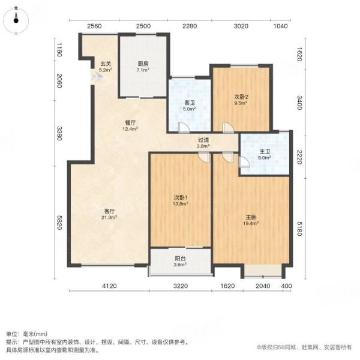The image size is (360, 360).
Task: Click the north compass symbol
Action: [x=16, y=20]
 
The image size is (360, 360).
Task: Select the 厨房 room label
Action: [x=143, y=64]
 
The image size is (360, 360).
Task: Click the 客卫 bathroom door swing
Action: [x=184, y=128]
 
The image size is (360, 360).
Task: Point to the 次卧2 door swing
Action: [x=228, y=128]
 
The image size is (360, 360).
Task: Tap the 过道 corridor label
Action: [x=203, y=140]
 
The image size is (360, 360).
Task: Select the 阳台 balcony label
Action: [x=180, y=258]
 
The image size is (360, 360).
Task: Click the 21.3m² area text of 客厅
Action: [x=109, y=217]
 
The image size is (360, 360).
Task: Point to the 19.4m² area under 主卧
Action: [x=251, y=223]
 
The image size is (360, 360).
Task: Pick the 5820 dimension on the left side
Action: [x=59, y=223]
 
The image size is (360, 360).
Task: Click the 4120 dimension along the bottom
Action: [x=109, y=286]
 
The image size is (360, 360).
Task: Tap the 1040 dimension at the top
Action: [x=280, y=26]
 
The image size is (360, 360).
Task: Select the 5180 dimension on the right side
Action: [x=299, y=229]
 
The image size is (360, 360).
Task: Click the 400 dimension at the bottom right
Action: [x=286, y=286]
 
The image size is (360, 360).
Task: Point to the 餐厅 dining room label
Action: [x=130, y=123]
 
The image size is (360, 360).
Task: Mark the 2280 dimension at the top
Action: [x=190, y=26]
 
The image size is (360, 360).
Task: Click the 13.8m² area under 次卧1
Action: [x=181, y=203]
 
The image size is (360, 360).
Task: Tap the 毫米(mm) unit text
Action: [x=35, y=334]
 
